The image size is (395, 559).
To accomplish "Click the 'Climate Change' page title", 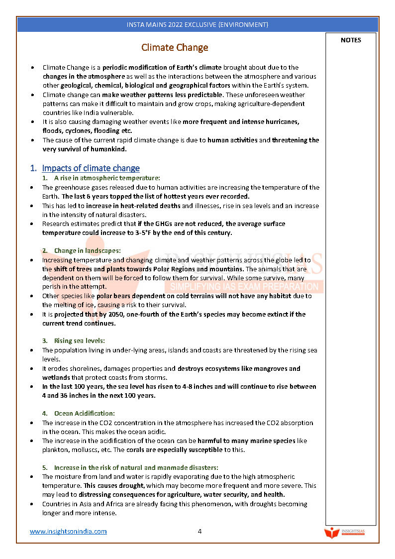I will (175, 48).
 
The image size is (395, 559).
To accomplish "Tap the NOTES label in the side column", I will (351, 40).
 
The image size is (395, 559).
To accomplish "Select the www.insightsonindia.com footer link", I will (68, 531).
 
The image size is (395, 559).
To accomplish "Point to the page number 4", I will (199, 531).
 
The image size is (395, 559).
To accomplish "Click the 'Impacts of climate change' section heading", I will (91, 168).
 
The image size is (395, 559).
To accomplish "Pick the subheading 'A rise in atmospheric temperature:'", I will (107, 178).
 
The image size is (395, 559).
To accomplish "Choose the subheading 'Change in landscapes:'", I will (87, 250).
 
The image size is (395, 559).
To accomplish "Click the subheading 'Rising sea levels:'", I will (79, 340).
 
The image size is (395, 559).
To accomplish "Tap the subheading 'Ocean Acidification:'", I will (84, 413).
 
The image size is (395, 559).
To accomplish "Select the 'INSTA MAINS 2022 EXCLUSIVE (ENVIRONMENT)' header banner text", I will (197, 24).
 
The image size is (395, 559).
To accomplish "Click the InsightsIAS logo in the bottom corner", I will (344, 533).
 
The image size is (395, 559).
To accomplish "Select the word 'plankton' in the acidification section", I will (55, 449).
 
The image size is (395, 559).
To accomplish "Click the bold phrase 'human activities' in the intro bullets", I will (232, 140).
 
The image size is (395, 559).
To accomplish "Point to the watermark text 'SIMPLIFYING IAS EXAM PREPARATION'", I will (244, 287).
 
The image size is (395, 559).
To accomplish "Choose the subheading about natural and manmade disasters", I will (136, 467).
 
